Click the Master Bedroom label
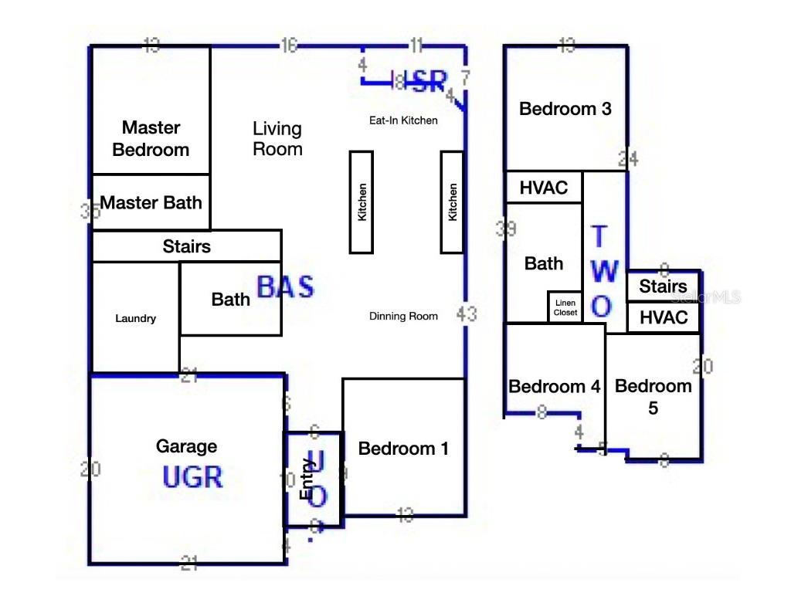point(151,138)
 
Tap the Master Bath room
point(151,202)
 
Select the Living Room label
point(277,138)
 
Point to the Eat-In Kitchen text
point(403,120)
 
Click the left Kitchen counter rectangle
point(362,202)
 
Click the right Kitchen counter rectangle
point(452,202)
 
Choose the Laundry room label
point(135,318)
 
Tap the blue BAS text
point(285,287)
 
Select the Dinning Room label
point(403,316)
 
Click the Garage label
point(186,446)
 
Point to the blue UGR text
point(192,477)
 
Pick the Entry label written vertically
point(306,479)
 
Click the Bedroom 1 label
point(403,449)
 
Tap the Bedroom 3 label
point(565,109)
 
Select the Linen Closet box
point(565,307)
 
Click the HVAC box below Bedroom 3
point(543,187)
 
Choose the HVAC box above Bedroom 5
point(664,317)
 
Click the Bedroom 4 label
point(554,386)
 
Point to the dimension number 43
point(467,314)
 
